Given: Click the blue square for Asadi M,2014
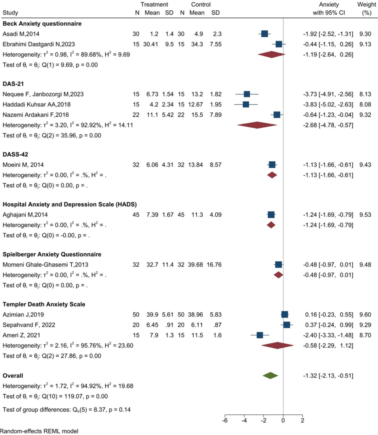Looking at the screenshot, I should coord(264,34).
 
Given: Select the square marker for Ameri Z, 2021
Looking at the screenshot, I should coord(260,335).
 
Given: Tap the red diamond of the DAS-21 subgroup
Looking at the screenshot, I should coord(257,125).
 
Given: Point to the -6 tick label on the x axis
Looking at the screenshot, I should coord(225,420).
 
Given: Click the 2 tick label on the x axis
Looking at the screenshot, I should coord(302,420).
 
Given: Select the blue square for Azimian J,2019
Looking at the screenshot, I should coord(285,315).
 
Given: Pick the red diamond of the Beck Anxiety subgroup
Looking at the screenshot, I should coord(272,55).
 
